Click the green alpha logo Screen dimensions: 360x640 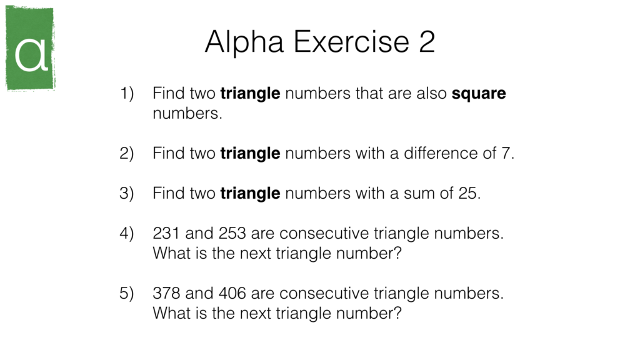point(30,49)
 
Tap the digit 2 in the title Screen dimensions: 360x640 point(426,42)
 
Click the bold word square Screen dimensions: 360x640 point(479,94)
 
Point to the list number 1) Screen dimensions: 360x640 point(127,94)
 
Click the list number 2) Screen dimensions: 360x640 point(127,154)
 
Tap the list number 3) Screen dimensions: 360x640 point(127,194)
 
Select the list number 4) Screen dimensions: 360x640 point(127,234)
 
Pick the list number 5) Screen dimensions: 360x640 point(127,294)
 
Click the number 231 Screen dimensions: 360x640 point(166,234)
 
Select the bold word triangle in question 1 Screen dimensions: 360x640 point(250,94)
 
